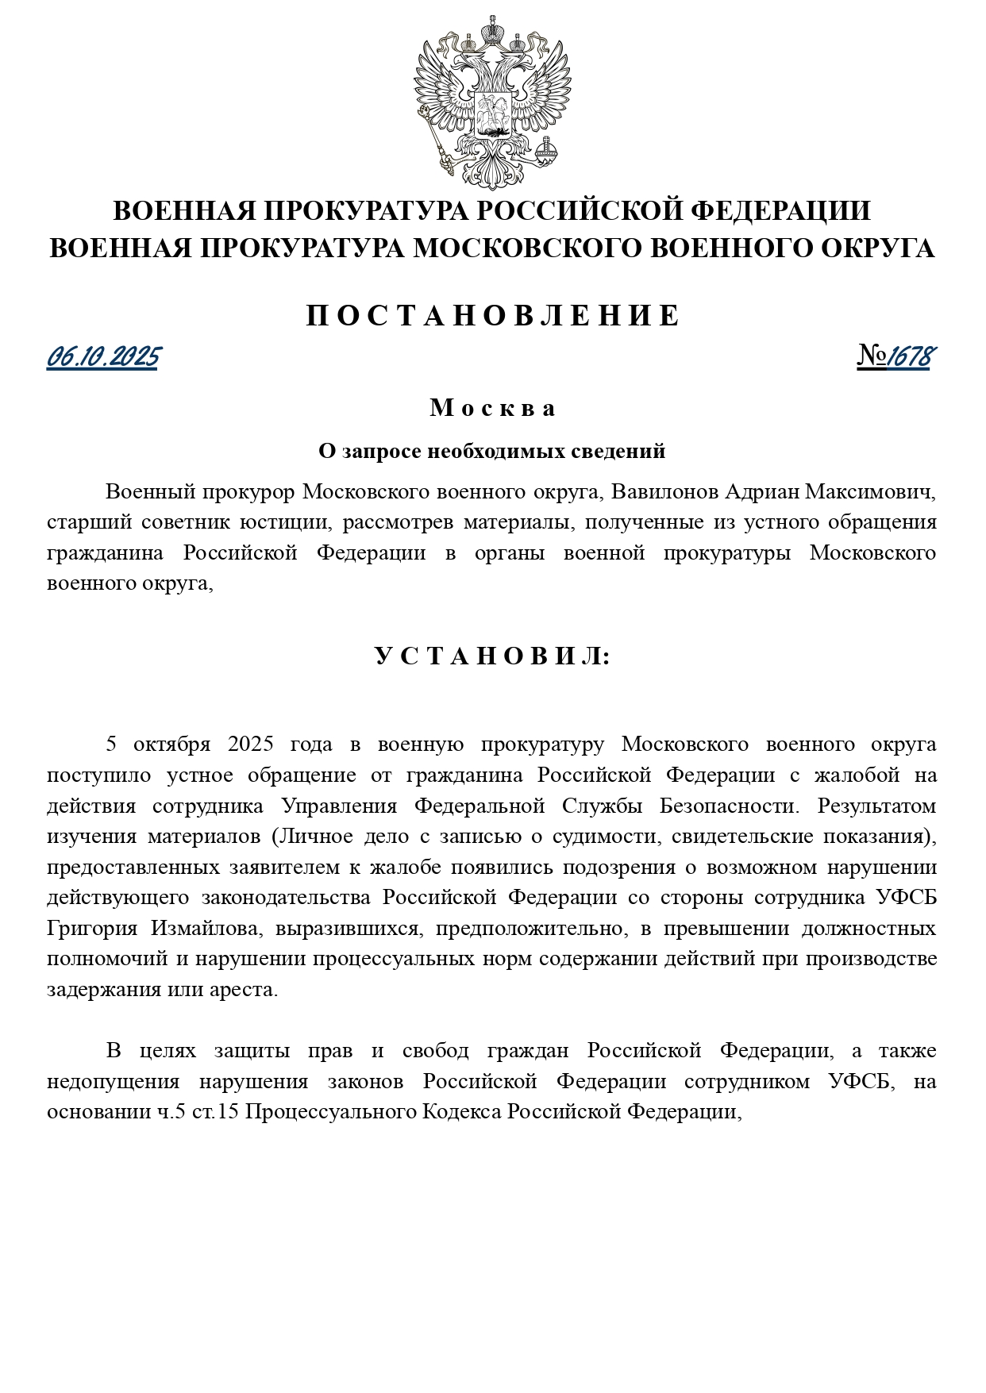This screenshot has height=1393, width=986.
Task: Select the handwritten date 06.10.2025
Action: (103, 358)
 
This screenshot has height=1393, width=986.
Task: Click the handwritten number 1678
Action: (908, 357)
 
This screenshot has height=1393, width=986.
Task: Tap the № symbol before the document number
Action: (871, 357)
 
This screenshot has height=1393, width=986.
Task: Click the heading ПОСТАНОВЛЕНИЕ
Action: (493, 316)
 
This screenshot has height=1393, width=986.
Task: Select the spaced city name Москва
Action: (493, 408)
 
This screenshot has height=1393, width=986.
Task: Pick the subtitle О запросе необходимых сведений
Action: (492, 452)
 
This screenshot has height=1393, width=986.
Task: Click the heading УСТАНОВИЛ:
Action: (493, 656)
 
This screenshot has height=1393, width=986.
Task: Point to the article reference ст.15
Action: (215, 1112)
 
